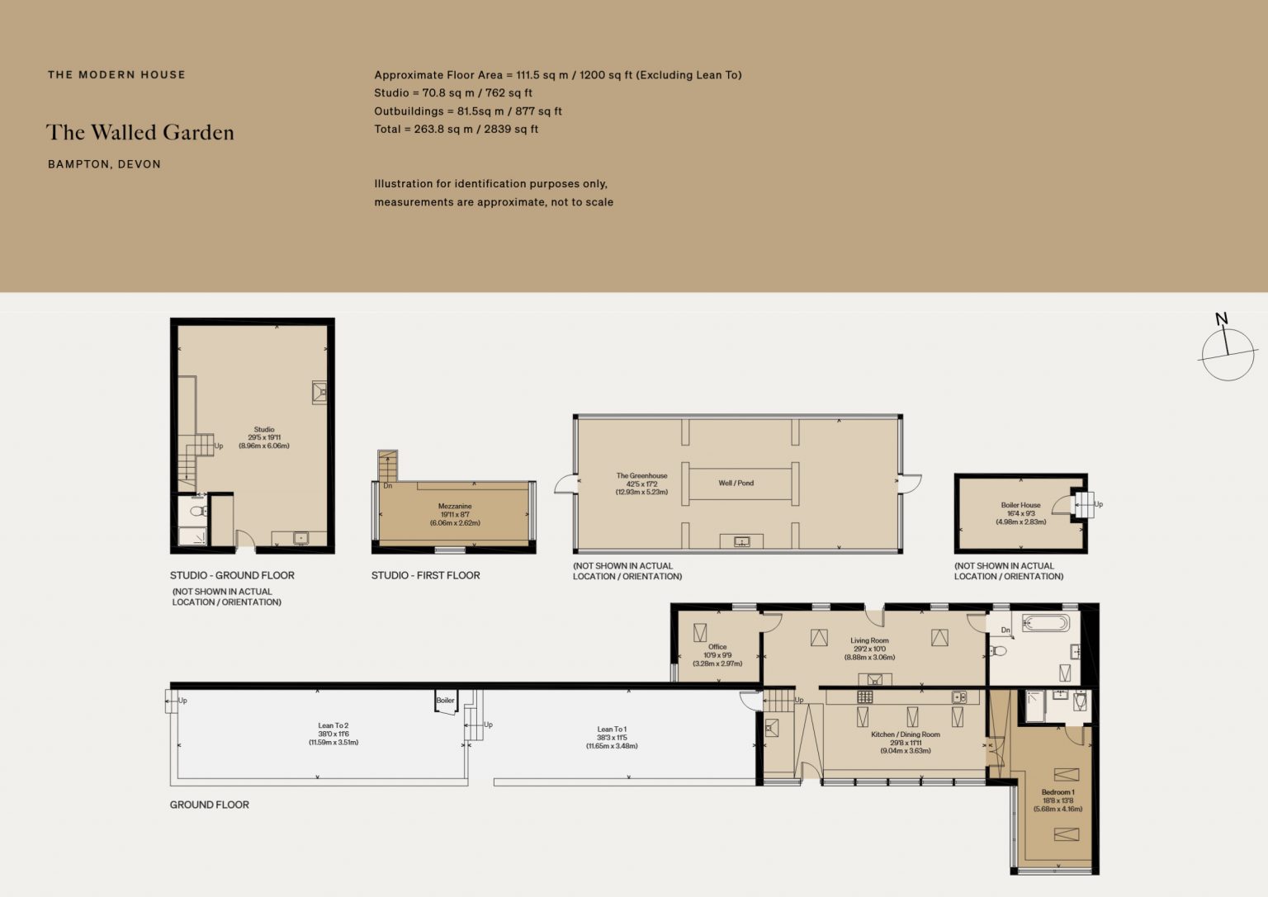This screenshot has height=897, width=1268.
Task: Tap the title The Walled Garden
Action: point(140,132)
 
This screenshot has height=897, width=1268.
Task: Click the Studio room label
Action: point(264,437)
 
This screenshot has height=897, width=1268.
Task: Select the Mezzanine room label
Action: point(455,514)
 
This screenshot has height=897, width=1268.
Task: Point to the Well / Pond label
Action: point(736,483)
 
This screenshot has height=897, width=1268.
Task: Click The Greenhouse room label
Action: point(642,484)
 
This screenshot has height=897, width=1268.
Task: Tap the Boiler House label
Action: point(1020,513)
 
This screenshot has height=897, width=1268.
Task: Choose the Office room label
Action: point(717,654)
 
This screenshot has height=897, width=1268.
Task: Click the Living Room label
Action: point(869,649)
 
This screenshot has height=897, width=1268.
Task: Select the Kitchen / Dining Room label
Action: point(905,743)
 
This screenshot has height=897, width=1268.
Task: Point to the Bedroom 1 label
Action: point(1058,800)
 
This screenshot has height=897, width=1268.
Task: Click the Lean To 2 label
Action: point(334,734)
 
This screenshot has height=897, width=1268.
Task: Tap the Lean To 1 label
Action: point(612,738)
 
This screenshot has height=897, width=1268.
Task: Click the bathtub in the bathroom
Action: point(1046,623)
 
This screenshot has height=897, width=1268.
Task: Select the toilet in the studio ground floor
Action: point(198,511)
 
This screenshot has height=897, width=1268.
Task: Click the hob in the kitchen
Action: point(864,696)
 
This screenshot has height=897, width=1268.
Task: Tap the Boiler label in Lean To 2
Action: point(445,700)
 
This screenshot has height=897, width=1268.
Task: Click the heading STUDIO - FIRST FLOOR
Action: point(426,575)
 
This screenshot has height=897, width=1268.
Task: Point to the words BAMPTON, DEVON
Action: point(104,164)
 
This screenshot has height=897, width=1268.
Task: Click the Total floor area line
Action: point(457,129)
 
